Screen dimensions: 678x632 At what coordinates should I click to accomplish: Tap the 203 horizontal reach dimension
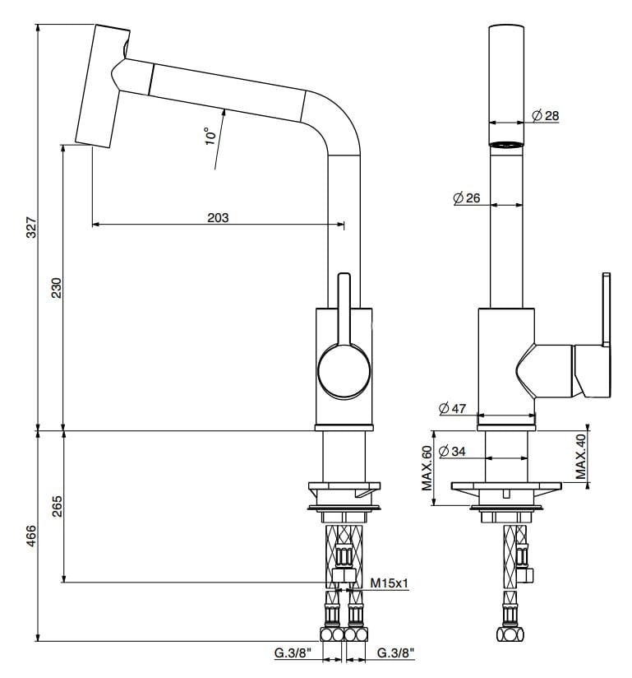click(x=218, y=218)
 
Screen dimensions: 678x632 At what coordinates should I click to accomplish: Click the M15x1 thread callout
click(x=390, y=583)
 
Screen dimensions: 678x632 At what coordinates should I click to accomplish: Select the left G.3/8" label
click(x=292, y=654)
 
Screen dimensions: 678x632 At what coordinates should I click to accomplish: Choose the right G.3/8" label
click(x=395, y=654)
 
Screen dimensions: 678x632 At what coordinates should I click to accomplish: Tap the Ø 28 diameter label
click(x=545, y=116)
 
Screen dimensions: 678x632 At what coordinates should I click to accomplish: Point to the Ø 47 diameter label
click(x=452, y=407)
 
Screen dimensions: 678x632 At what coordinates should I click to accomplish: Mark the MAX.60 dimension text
click(x=427, y=468)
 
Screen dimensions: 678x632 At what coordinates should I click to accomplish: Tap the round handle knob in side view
click(x=344, y=369)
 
